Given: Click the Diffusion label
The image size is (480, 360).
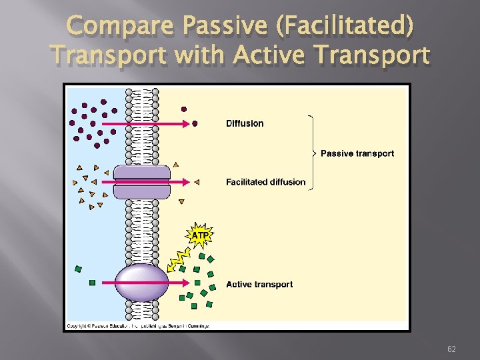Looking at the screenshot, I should coord(245,123).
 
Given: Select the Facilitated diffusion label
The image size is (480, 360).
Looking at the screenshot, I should coord(265,182).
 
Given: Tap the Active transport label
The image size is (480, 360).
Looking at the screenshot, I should coord(259,285).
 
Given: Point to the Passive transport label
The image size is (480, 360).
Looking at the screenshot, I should coord(357,154).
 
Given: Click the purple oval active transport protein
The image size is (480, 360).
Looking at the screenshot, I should coord(142,282).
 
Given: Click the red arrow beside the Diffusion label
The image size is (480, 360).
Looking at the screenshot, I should coord(147,123).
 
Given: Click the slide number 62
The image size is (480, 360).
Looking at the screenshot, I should coord(451,349).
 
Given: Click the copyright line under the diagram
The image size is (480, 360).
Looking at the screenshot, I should coord(137,326).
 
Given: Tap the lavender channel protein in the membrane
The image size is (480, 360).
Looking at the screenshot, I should coord(141,182).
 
